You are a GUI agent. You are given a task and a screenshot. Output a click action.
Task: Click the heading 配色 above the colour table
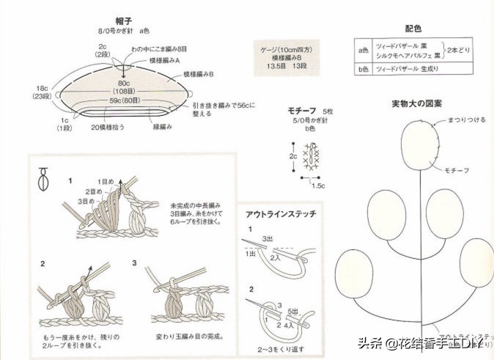click(413, 28)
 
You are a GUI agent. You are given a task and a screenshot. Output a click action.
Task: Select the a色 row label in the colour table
click(362, 51)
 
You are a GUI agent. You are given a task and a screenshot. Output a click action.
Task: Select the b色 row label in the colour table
click(362, 69)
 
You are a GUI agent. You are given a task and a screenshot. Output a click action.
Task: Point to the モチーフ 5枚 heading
click(311, 111)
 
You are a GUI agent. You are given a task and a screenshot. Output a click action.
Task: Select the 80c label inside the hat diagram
click(123, 83)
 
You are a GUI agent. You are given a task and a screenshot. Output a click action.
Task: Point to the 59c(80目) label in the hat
click(125, 100)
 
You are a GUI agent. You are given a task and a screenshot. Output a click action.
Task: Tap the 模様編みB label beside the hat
click(198, 74)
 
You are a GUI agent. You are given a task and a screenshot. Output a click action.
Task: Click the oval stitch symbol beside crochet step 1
click(44, 177)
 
